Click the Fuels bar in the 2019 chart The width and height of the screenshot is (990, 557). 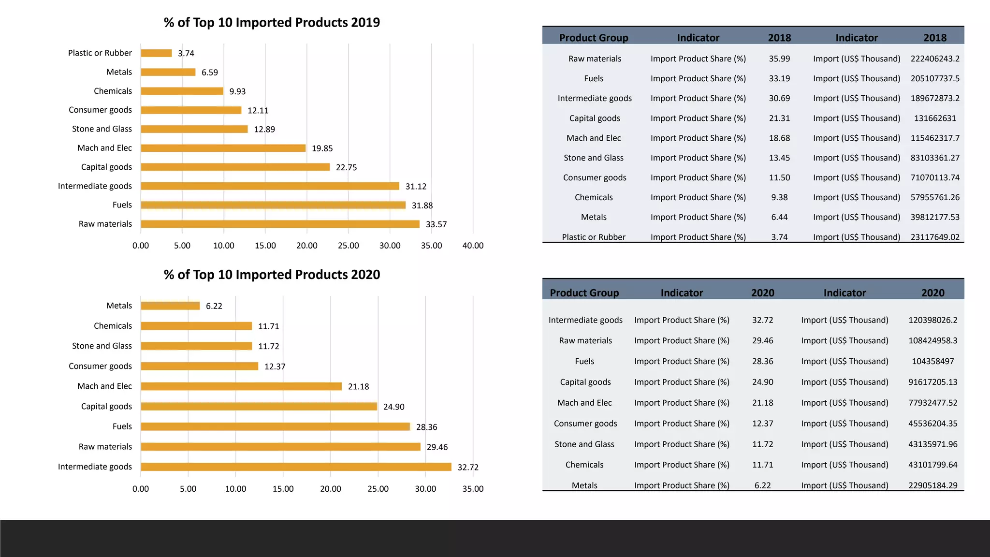[x=273, y=205]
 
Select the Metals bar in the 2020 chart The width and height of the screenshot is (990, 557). [x=170, y=306]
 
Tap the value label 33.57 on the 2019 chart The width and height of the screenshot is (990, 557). [x=436, y=224]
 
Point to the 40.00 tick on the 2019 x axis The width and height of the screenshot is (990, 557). [x=473, y=246]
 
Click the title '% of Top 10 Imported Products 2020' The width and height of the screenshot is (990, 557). [x=272, y=275]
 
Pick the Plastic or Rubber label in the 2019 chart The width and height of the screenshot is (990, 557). [x=100, y=53]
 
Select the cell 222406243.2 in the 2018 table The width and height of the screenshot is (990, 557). [x=935, y=59]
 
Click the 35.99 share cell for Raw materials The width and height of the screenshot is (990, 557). [x=779, y=59]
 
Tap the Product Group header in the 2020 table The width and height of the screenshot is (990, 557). [x=584, y=293]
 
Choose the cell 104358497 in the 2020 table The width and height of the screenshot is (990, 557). [x=932, y=361]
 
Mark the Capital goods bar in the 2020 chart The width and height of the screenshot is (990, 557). [x=259, y=406]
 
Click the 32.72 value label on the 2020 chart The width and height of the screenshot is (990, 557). [x=467, y=467]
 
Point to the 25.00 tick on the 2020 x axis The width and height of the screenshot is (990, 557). [x=378, y=489]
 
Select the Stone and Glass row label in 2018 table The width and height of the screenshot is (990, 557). [x=593, y=158]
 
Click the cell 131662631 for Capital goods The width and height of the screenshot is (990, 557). [x=935, y=118]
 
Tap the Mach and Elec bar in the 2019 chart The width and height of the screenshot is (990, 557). [x=223, y=148]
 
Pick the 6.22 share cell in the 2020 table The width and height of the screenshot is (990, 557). [x=762, y=485]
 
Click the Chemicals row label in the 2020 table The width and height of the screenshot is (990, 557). [x=584, y=465]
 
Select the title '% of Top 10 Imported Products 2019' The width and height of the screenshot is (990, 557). [x=272, y=23]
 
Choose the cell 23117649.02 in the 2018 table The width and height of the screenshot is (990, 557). [x=935, y=237]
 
